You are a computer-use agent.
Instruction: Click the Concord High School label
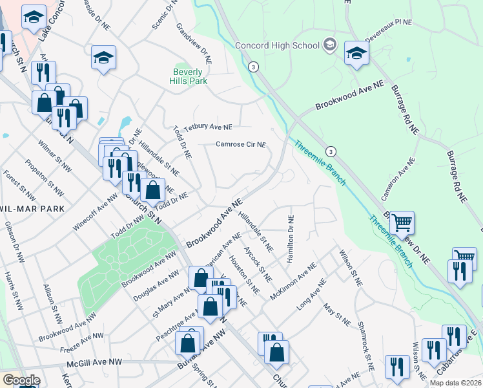click(277, 45)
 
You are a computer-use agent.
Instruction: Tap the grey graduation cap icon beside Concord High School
click(330, 45)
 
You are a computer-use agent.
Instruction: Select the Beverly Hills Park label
click(188, 77)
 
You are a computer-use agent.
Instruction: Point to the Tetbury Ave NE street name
click(207, 127)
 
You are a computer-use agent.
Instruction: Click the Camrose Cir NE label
click(240, 144)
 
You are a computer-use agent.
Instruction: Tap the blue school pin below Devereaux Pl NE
click(356, 54)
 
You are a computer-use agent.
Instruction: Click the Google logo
click(21, 380)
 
